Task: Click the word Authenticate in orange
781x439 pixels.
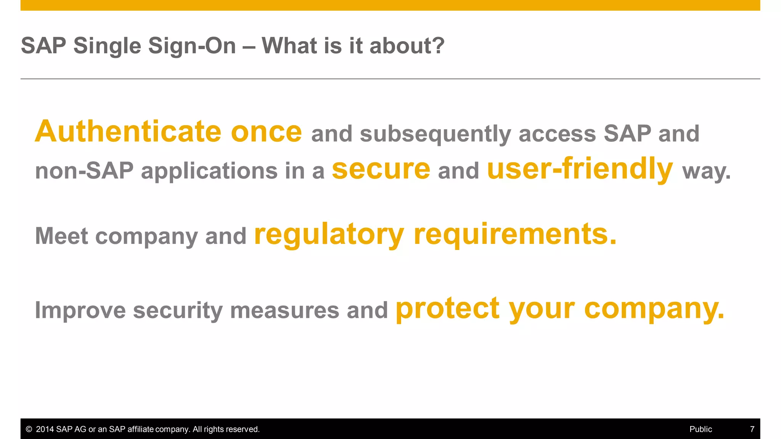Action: (x=128, y=131)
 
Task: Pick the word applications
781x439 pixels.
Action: (x=209, y=171)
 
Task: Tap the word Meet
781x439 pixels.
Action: (x=61, y=236)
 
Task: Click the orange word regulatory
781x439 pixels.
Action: (x=329, y=235)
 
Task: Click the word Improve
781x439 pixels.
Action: (x=80, y=310)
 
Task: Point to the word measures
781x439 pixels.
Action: (x=284, y=310)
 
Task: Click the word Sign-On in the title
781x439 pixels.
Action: (x=192, y=46)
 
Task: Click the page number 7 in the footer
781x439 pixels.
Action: (x=752, y=429)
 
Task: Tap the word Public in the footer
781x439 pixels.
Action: (x=701, y=429)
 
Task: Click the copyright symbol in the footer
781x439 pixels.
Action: (x=29, y=429)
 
